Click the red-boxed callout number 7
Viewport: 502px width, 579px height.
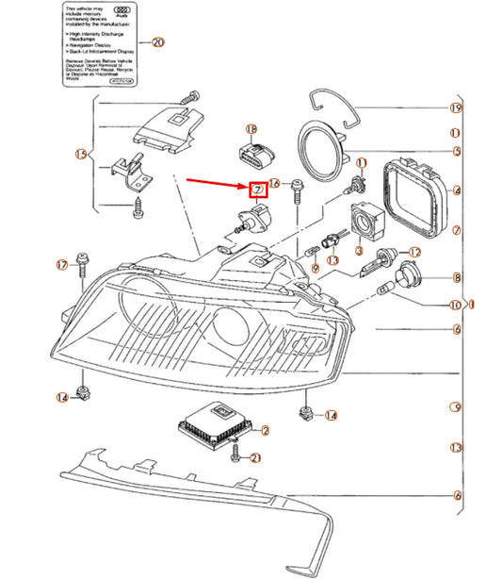(257, 189)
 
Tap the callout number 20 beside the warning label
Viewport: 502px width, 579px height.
(157, 42)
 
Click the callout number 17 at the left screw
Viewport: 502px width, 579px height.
(62, 265)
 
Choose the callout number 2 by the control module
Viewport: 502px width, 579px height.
(266, 431)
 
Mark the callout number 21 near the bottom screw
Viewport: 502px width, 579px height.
(255, 458)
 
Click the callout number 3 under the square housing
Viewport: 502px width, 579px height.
(358, 253)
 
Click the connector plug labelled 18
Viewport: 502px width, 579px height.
(251, 154)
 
